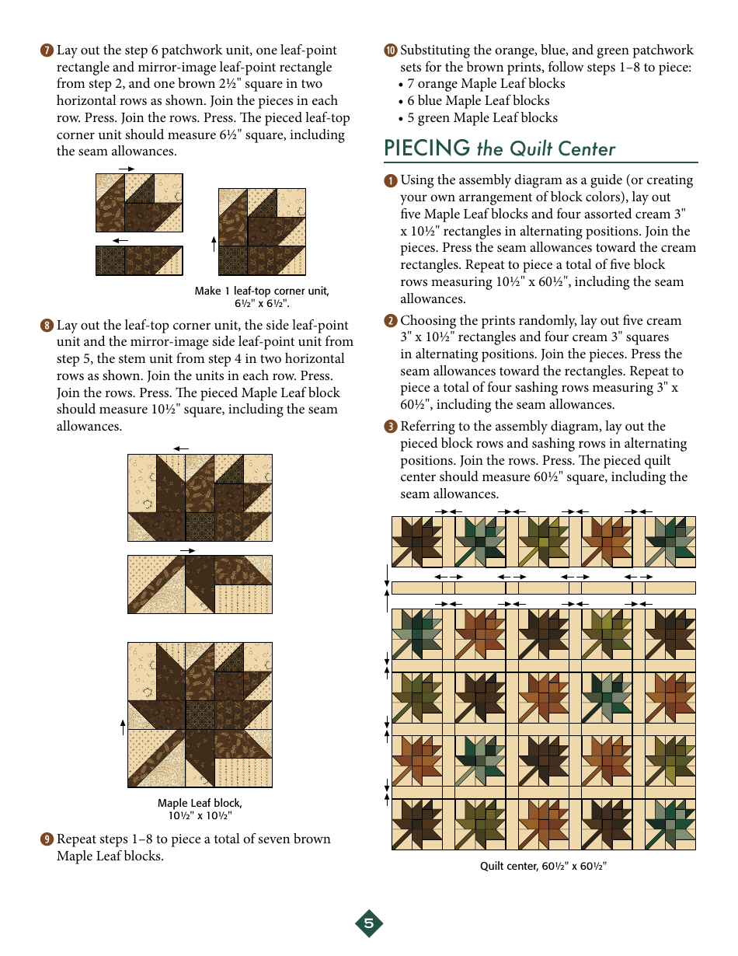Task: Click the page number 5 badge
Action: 369,923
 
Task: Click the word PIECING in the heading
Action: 426,148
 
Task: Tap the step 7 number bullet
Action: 47,51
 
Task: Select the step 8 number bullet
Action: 47,326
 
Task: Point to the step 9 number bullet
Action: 47,839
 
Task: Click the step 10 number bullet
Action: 390,51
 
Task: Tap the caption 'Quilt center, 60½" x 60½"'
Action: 542,866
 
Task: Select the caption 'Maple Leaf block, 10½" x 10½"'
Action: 200,809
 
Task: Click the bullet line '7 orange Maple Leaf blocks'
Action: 486,84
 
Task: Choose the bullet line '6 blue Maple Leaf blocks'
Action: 478,101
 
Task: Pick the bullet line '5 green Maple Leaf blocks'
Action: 482,118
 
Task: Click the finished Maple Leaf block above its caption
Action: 200,715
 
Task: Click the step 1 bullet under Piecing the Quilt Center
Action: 390,180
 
